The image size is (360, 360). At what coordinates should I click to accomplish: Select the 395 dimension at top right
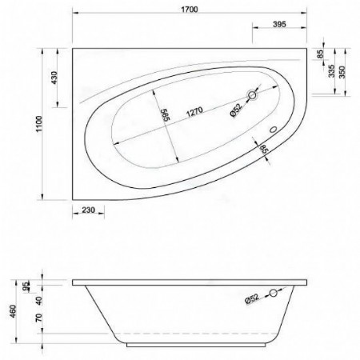pyautogui.click(x=279, y=26)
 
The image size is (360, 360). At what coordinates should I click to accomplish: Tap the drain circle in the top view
pyautogui.click(x=254, y=97)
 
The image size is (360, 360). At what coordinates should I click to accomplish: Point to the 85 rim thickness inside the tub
pyautogui.click(x=262, y=149)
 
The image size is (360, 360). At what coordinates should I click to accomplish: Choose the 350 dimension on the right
pyautogui.click(x=346, y=69)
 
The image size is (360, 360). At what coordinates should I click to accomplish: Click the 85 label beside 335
pyautogui.click(x=321, y=54)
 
